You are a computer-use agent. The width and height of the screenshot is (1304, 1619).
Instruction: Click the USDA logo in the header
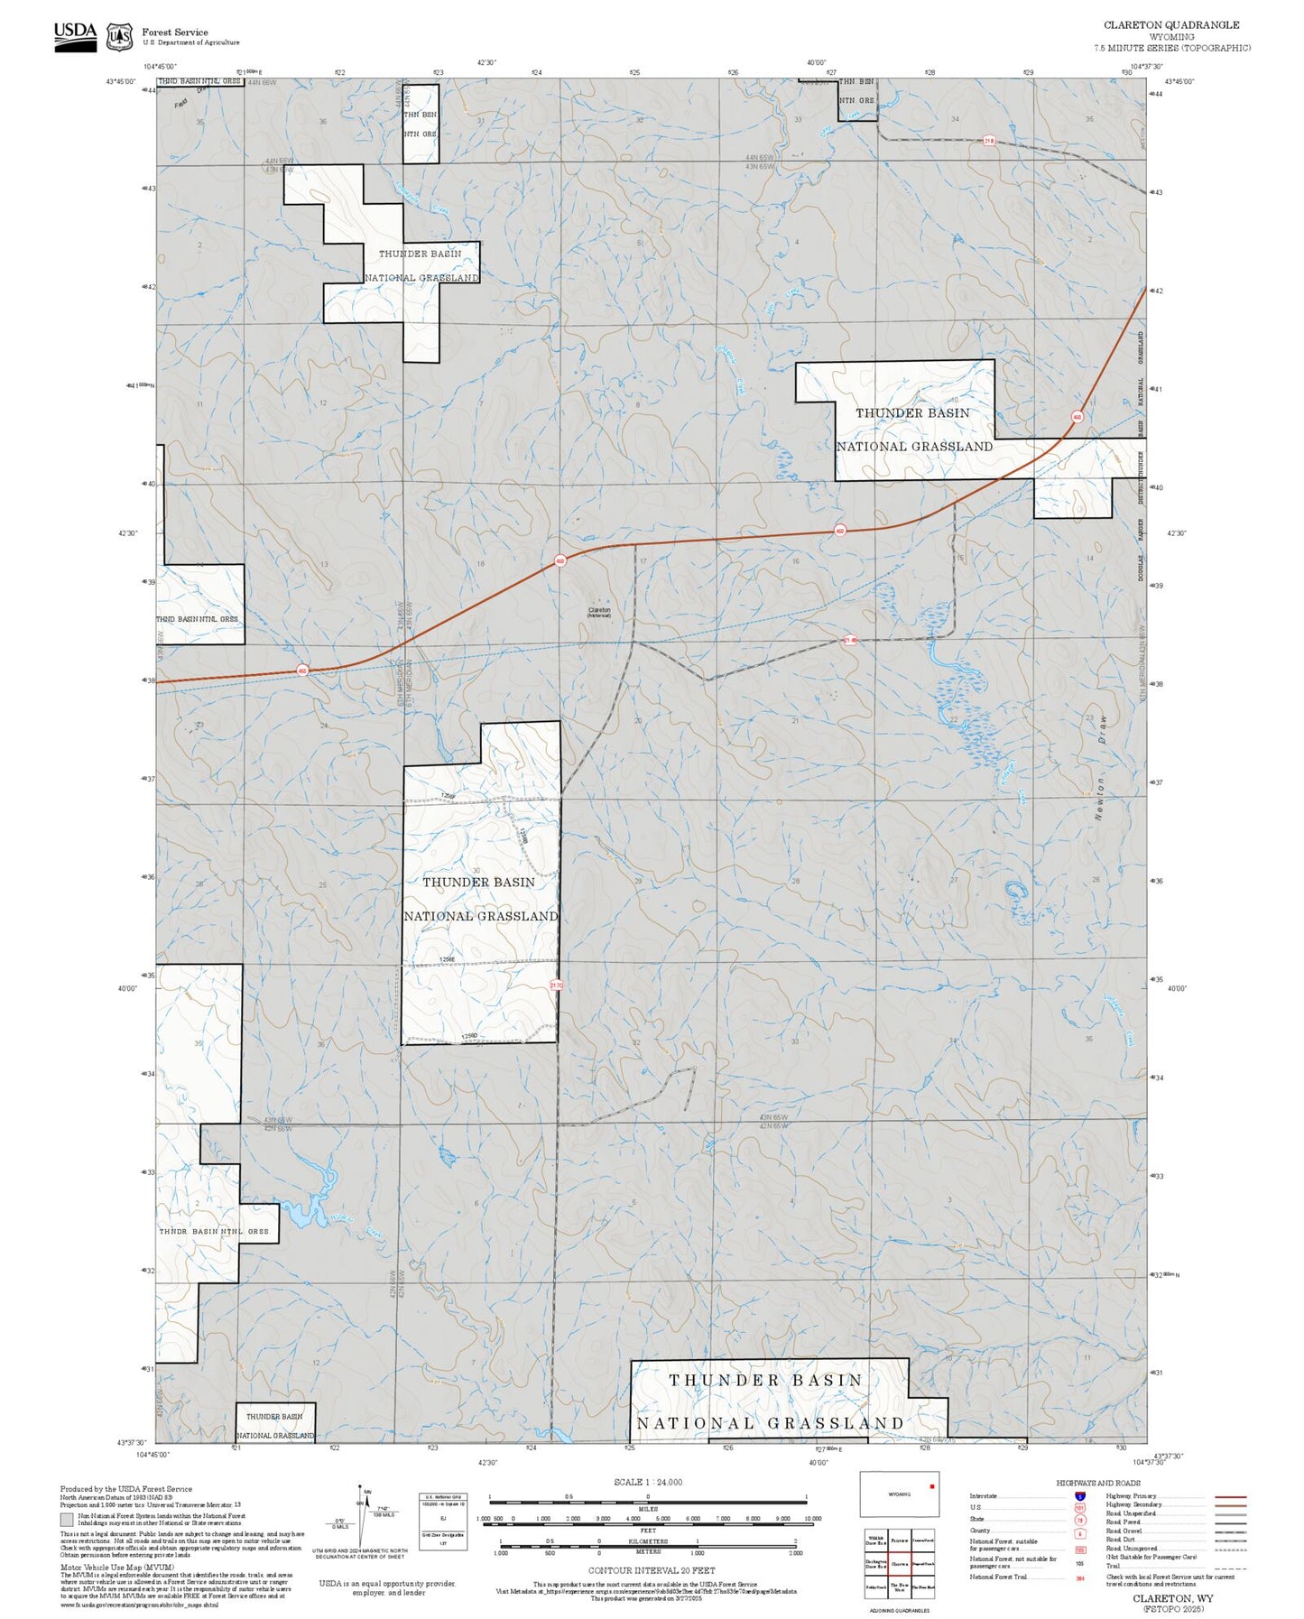click(75, 36)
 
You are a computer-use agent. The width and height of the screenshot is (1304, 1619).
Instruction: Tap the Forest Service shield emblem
click(119, 37)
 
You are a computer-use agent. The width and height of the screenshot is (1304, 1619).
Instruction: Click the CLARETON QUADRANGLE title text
click(1171, 24)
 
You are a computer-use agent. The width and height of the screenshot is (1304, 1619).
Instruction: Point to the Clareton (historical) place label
click(599, 612)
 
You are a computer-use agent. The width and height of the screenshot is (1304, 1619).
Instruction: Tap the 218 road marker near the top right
click(989, 141)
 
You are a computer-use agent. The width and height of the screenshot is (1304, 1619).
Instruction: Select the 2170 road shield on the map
click(556, 985)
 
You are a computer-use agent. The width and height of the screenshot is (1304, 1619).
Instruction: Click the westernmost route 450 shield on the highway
click(302, 671)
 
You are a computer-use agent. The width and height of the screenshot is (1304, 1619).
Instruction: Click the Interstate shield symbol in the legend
click(1080, 1495)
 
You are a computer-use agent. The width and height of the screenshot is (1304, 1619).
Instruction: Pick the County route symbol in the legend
click(1080, 1531)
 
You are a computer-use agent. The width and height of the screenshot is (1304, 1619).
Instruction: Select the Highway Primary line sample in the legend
click(1231, 1496)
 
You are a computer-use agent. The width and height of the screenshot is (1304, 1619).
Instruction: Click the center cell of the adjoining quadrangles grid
click(899, 1564)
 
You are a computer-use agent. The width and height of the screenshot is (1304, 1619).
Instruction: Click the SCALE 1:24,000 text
click(647, 1482)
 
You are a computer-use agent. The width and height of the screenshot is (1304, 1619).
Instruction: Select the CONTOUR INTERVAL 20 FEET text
click(652, 1571)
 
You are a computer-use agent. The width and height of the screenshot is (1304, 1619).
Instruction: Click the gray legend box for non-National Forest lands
click(68, 1519)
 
